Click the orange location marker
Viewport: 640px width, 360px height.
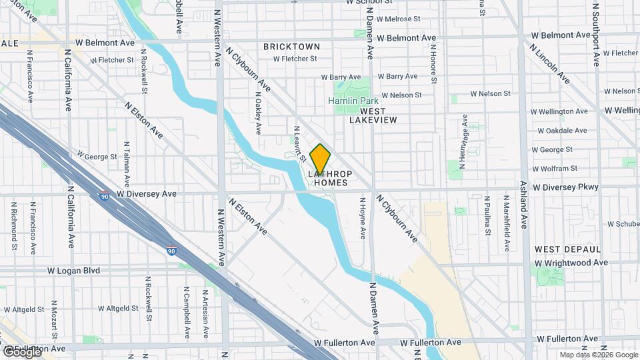click(x=320, y=159)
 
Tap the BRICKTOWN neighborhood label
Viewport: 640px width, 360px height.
click(x=291, y=47)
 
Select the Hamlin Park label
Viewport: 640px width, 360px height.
click(x=353, y=101)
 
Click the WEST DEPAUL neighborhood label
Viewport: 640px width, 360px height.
click(x=567, y=249)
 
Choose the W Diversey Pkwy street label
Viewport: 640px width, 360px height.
click(x=565, y=187)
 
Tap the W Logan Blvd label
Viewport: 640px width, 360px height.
click(x=75, y=271)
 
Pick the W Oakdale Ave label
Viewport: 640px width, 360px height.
click(x=563, y=131)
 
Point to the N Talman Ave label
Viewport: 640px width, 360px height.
click(x=126, y=164)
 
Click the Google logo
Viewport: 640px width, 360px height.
click(x=21, y=351)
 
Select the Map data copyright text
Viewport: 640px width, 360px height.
click(x=598, y=355)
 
